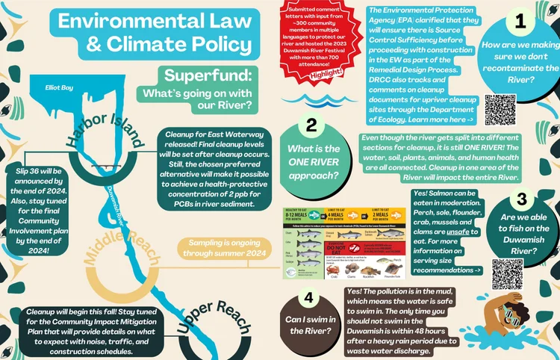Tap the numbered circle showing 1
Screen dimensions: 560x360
520,22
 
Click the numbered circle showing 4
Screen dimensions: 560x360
309,298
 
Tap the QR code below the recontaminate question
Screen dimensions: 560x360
500,109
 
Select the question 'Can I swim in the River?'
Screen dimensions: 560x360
309,325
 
